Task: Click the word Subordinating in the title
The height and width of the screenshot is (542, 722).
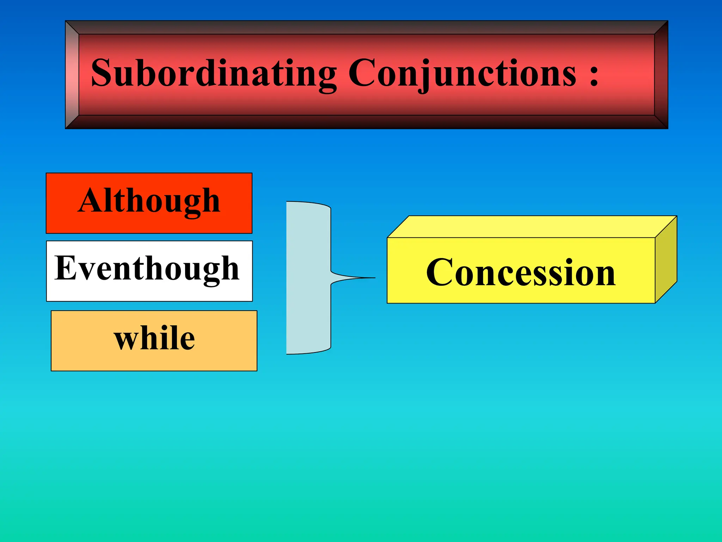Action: (213, 73)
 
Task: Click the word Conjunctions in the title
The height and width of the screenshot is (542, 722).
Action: (462, 73)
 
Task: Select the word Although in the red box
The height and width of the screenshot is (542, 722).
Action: (149, 201)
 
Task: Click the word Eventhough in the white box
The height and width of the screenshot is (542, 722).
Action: (147, 269)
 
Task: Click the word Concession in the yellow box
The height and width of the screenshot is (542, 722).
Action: (521, 272)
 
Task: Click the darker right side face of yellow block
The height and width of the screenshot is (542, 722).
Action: (666, 259)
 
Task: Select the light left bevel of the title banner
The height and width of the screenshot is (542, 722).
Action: (72, 75)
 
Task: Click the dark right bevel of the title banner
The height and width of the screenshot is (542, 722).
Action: (661, 75)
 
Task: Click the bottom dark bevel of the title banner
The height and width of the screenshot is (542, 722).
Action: (367, 122)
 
